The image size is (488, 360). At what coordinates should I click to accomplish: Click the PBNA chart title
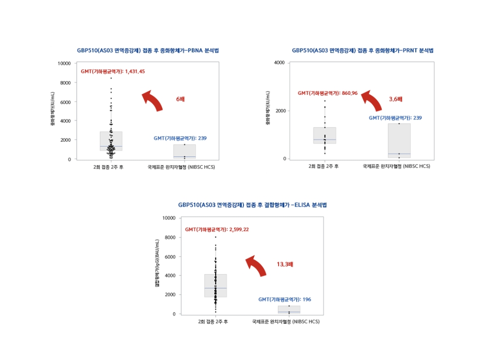click(148, 50)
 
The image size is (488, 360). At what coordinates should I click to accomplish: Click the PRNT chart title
click(363, 50)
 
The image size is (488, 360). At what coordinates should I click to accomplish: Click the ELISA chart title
click(252, 205)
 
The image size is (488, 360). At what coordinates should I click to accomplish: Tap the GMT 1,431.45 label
click(113, 71)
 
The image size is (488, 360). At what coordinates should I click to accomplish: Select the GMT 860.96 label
click(327, 93)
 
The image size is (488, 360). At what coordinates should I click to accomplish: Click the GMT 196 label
click(285, 299)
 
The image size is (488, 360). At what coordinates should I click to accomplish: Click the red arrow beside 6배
click(152, 100)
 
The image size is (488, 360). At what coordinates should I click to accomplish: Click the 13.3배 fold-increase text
click(285, 264)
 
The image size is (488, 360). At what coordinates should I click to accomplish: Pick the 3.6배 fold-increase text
click(396, 99)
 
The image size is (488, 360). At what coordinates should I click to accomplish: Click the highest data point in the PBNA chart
click(111, 78)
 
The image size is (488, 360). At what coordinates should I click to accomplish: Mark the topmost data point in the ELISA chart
click(215, 237)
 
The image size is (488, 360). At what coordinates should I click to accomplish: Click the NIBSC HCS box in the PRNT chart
click(399, 141)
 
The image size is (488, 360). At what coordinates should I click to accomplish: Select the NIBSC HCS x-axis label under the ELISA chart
click(286, 321)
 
